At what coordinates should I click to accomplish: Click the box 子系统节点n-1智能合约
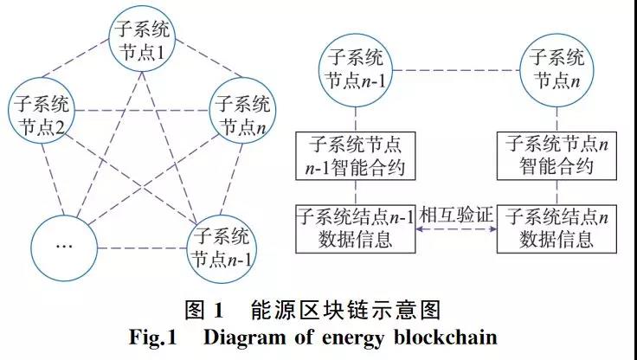pos(354,154)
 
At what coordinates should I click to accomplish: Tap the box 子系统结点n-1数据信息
pos(354,227)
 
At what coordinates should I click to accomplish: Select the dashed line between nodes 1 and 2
pos(90,78)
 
